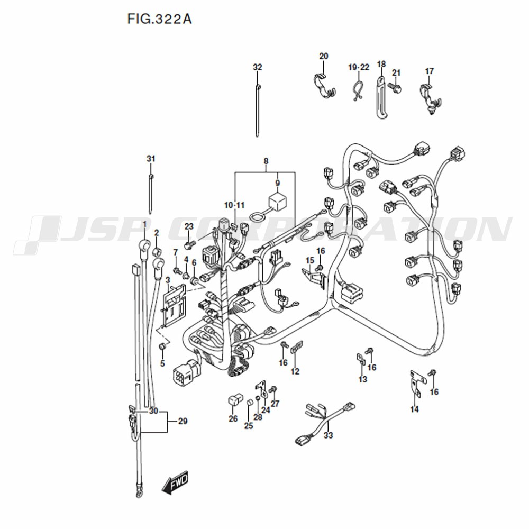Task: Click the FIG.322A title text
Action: pyautogui.click(x=159, y=19)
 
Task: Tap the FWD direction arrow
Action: pyautogui.click(x=175, y=484)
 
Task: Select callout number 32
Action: pyautogui.click(x=257, y=67)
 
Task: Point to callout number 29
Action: pyautogui.click(x=183, y=422)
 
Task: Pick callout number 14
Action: pyautogui.click(x=414, y=409)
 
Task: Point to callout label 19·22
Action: pyautogui.click(x=359, y=67)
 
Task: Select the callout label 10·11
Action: pyautogui.click(x=234, y=205)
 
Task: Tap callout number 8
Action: pyautogui.click(x=266, y=161)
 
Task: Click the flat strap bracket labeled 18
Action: pyautogui.click(x=379, y=98)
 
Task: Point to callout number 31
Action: pyautogui.click(x=151, y=159)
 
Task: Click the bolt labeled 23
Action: pyautogui.click(x=188, y=244)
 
